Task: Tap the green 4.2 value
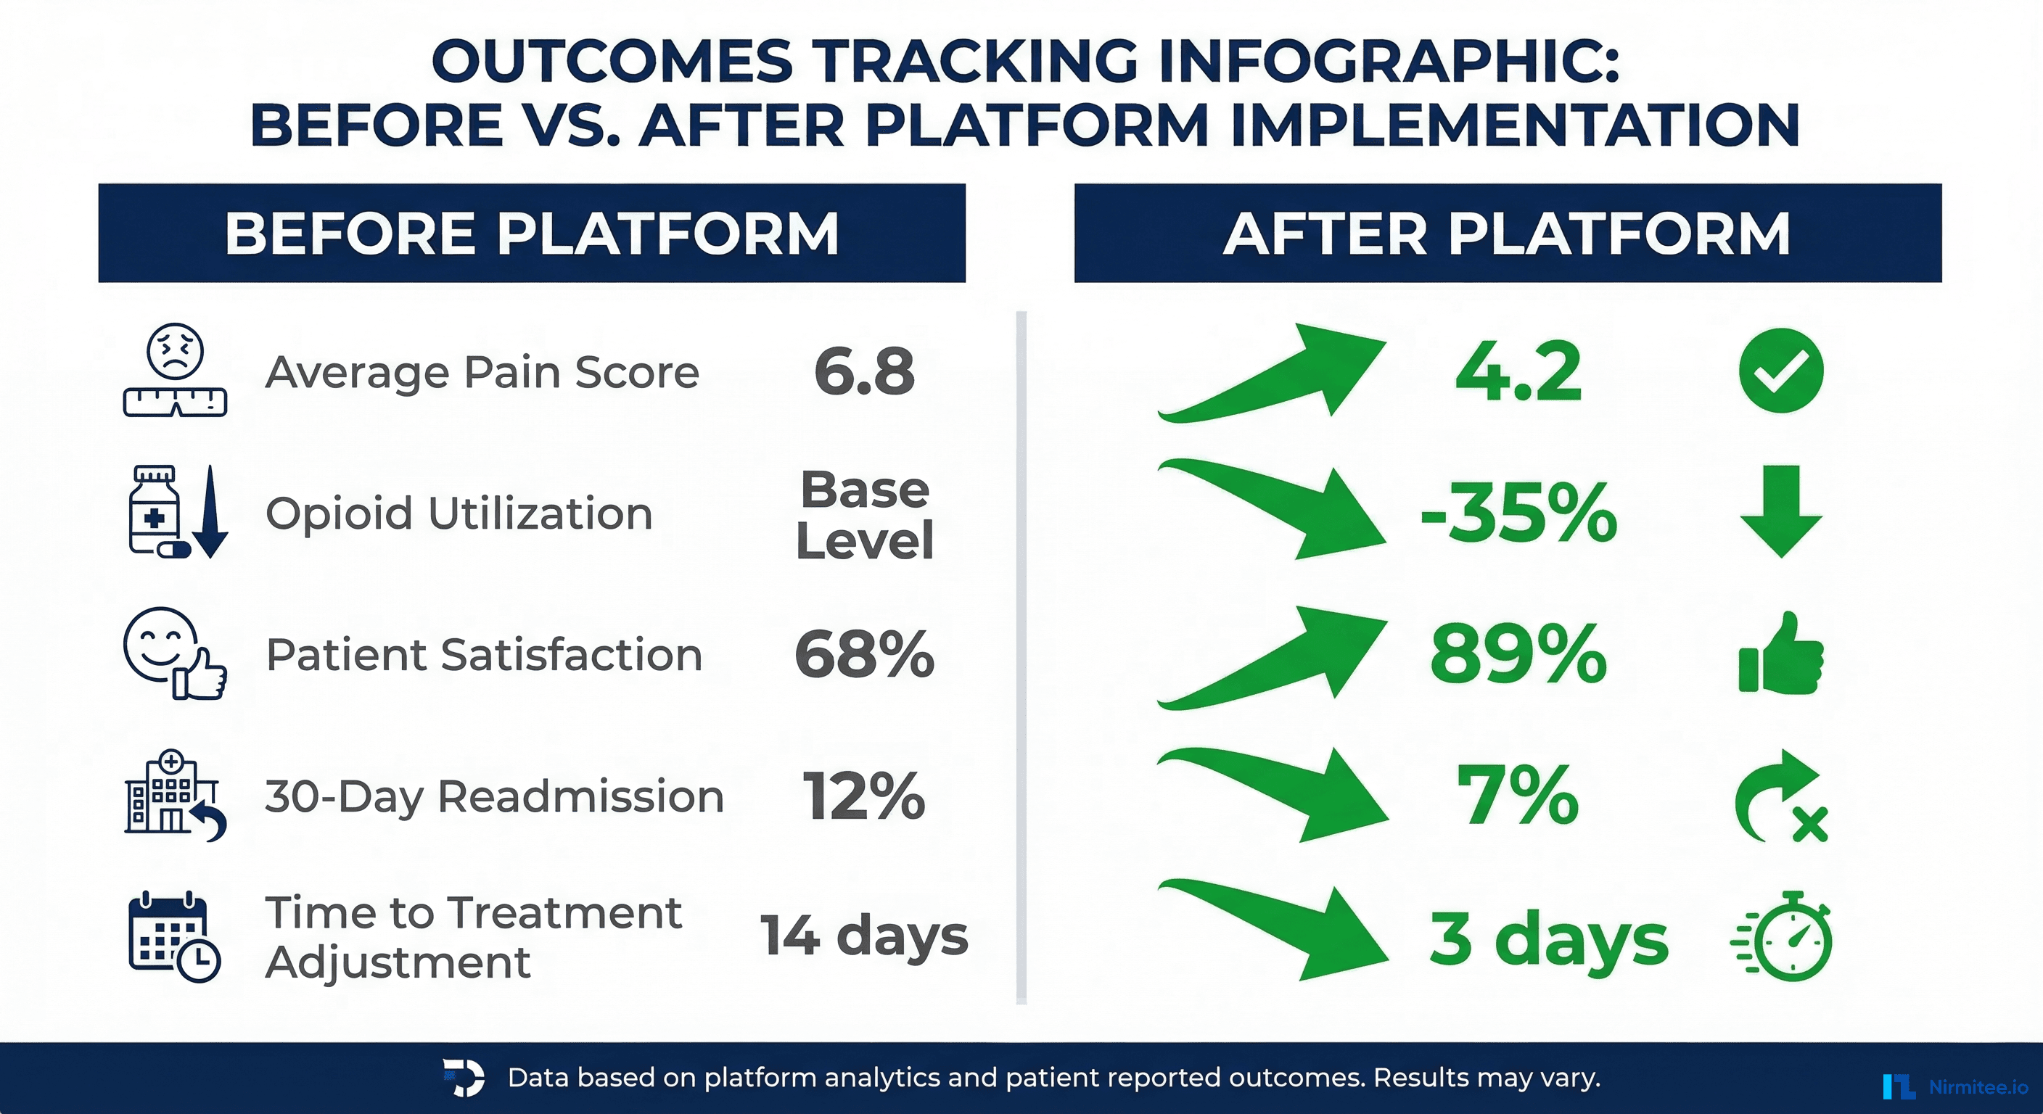1518,371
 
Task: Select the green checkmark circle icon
1780,371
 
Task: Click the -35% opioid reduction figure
1518,513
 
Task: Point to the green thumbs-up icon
1780,655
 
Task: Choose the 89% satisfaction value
1518,654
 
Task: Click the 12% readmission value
865,796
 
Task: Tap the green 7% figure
1518,796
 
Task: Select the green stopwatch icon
1785,937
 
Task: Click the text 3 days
1548,938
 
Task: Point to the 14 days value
865,936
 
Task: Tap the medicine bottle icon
155,511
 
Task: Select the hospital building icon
170,793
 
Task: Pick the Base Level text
865,515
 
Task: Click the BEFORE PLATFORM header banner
531,233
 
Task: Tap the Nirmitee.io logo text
1977,1086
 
